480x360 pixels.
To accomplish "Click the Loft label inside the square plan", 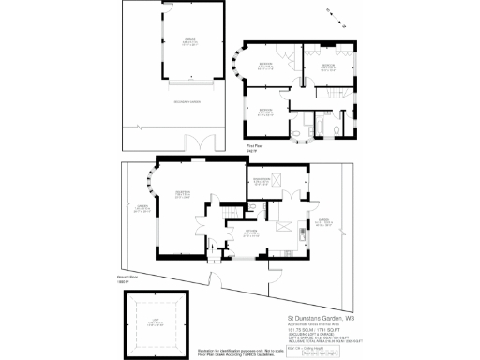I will pyautogui.click(x=157, y=326).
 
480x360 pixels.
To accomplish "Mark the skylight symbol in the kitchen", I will pyautogui.click(x=282, y=228).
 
